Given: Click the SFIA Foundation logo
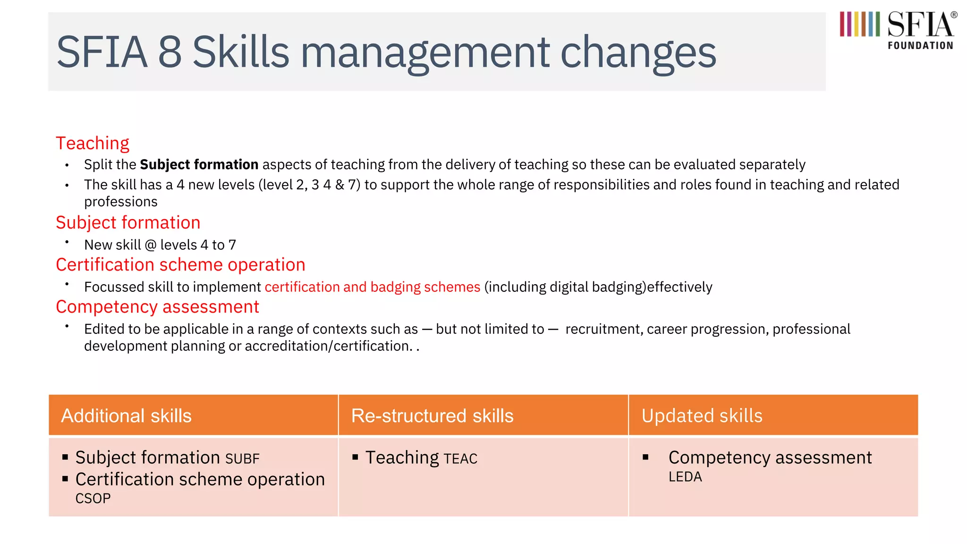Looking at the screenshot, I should (897, 29).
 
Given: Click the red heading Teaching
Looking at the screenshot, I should (93, 143).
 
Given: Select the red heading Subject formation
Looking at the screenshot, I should (128, 222).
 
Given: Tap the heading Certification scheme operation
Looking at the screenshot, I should (180, 264).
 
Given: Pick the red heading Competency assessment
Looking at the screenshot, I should (157, 307).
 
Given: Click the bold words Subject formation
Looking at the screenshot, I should (199, 164).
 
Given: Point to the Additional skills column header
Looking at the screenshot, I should (126, 416).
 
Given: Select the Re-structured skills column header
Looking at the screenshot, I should (432, 416).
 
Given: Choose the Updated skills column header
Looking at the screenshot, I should (702, 416).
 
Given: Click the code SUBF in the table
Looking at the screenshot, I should (242, 459).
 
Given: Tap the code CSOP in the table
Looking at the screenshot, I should (93, 499).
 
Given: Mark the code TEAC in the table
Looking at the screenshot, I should (460, 459).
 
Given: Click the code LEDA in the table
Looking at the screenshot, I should (685, 477).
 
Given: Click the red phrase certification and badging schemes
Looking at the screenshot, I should (372, 287).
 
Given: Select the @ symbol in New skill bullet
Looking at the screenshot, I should (151, 245).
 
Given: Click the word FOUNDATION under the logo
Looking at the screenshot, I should (920, 46).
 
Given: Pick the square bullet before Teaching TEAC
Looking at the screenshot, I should (355, 457).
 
